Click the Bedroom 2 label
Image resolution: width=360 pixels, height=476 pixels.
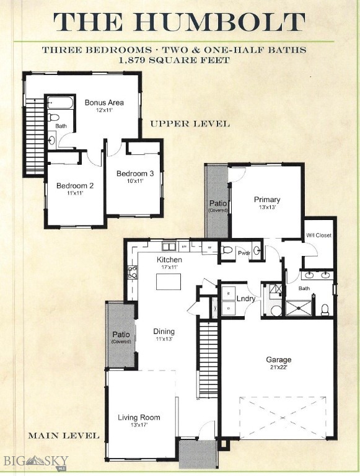point(74,185)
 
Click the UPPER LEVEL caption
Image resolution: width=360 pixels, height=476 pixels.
point(190,124)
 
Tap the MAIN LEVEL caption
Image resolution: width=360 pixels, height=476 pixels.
point(63,436)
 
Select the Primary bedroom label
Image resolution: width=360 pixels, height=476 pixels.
point(267,200)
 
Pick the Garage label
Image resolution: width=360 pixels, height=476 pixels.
point(278,359)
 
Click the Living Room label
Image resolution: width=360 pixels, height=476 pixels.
point(139,417)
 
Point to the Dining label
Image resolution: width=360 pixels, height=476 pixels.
point(164,332)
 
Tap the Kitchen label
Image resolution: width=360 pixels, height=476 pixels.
point(169,259)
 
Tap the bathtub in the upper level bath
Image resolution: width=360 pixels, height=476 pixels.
point(60,102)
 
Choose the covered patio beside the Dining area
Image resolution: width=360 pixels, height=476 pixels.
point(121,335)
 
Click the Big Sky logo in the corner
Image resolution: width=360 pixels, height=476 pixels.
point(34,462)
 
